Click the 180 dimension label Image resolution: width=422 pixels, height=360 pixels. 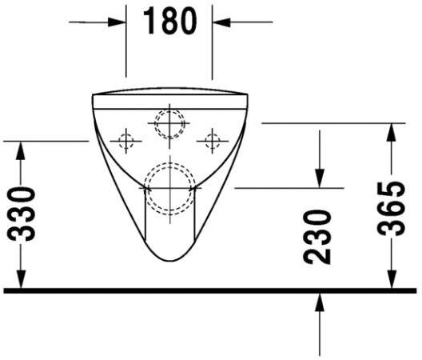(x=170, y=21)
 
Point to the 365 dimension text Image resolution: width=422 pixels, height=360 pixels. (x=391, y=208)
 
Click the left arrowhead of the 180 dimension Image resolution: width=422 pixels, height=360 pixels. (x=120, y=22)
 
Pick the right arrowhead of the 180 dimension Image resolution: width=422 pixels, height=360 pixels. (x=220, y=22)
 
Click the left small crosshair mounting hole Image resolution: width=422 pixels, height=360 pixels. (x=125, y=141)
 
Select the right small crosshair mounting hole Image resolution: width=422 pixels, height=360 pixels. (x=211, y=141)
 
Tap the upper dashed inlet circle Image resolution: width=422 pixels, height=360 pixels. (x=169, y=122)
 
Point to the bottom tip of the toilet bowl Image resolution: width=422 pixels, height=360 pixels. (x=169, y=264)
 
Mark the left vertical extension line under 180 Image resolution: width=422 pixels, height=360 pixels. (x=126, y=56)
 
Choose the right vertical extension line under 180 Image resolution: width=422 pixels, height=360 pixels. (x=212, y=56)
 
